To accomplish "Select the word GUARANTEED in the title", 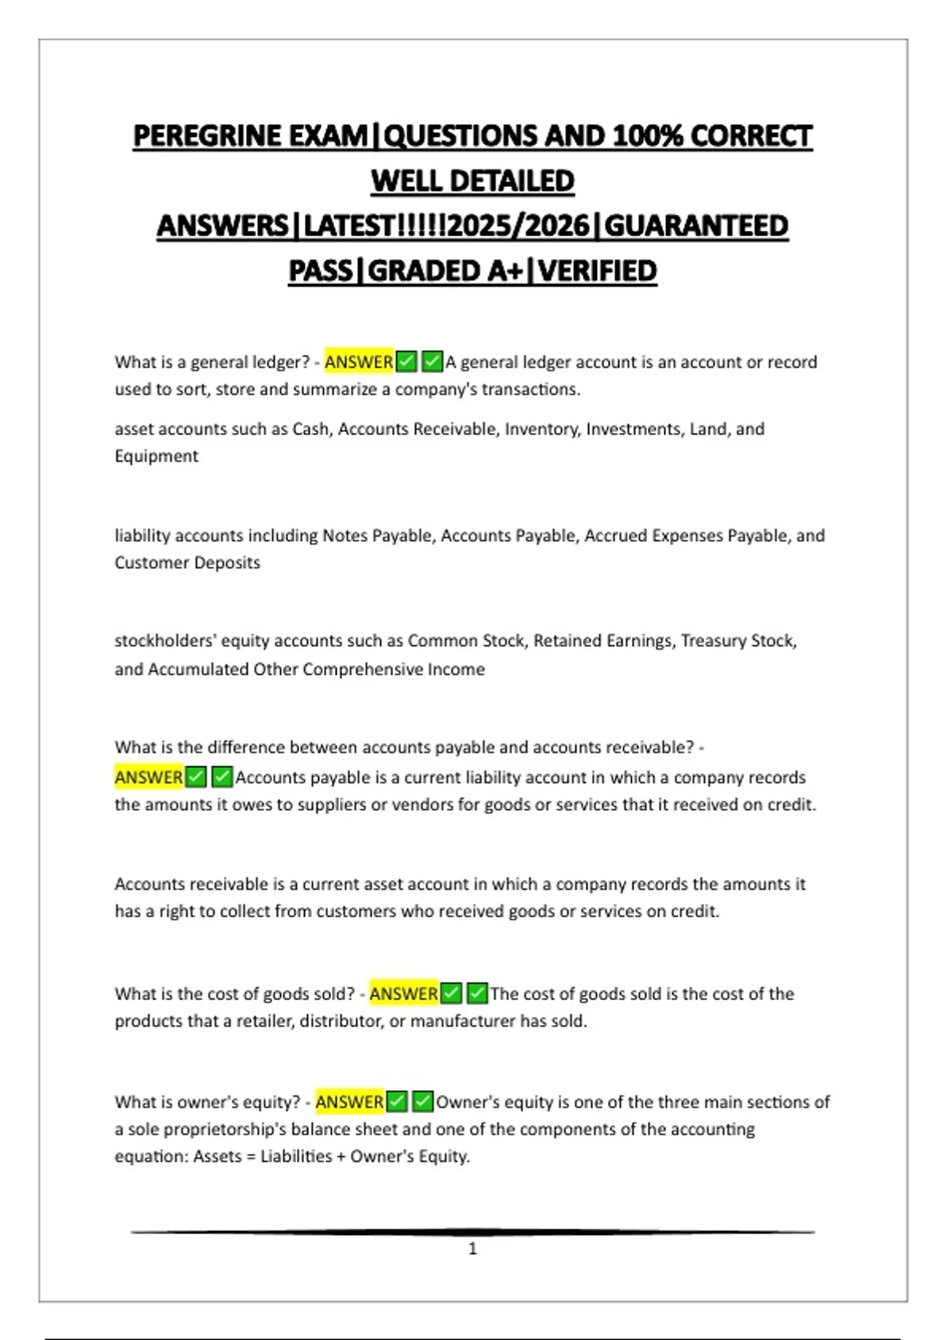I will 696,226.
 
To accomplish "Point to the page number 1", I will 473,1249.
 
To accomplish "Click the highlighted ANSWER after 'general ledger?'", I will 359,362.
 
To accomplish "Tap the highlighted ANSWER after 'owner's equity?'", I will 349,1101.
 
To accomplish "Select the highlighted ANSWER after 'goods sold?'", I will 404,993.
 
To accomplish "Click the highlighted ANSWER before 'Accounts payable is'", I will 149,777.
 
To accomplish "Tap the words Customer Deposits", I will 188,563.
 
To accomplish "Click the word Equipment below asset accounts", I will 156,456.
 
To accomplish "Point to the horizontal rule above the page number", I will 473,1231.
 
